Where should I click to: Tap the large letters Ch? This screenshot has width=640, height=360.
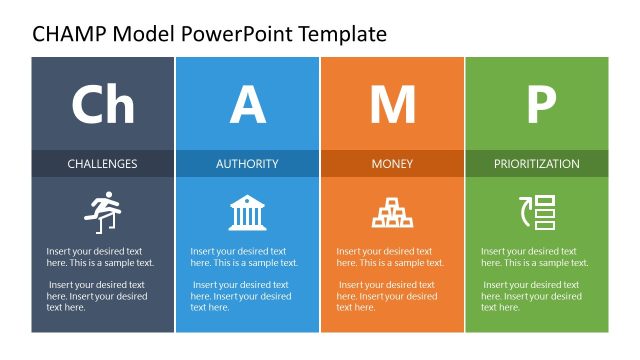pos(102,105)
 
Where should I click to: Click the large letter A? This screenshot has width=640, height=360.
pos(247,105)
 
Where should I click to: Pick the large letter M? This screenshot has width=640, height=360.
pos(392,105)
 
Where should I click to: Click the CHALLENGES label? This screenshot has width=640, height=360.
pos(102,163)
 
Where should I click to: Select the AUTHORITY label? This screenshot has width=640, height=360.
pos(247,163)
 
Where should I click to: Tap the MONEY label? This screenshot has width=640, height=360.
pos(392,163)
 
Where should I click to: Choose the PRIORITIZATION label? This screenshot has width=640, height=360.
pos(537,163)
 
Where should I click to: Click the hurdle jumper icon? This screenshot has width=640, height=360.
pos(101,213)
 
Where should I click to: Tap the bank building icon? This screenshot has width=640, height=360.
pos(247,213)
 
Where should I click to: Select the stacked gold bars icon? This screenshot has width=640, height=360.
pos(392,213)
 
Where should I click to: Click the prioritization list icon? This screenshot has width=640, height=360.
pos(537,213)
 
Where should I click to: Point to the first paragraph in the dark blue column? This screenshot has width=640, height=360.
pos(100,257)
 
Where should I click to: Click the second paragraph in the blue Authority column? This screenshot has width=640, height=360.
pos(245,296)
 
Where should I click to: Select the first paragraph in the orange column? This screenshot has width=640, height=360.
pos(390,257)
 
